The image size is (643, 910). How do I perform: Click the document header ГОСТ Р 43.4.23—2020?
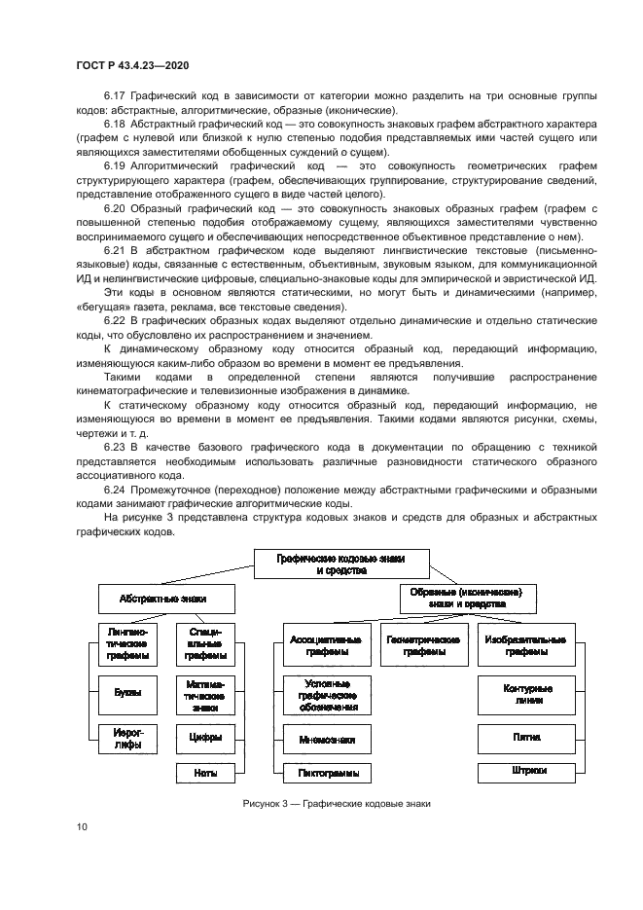pyautogui.click(x=132, y=65)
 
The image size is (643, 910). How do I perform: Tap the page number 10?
pyautogui.click(x=82, y=827)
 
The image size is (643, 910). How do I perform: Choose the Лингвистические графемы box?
pyautogui.click(x=126, y=644)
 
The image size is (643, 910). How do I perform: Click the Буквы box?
pyautogui.click(x=126, y=692)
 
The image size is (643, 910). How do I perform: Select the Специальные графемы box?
pyautogui.click(x=205, y=644)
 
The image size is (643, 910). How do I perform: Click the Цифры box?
pyautogui.click(x=205, y=737)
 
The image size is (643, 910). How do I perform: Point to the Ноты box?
pyautogui.click(x=205, y=773)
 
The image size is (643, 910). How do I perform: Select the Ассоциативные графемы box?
pyautogui.click(x=327, y=646)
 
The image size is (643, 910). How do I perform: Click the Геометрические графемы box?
pyautogui.click(x=423, y=646)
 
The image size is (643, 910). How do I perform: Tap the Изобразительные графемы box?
pyautogui.click(x=520, y=646)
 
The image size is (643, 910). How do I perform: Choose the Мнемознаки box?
pyautogui.click(x=327, y=740)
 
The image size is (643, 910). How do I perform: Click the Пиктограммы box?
pyautogui.click(x=327, y=773)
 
